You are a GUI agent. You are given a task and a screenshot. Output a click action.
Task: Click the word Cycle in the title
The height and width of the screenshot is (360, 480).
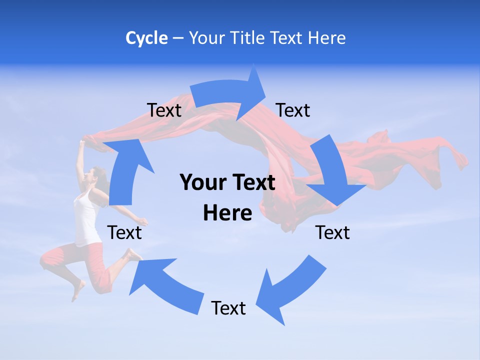coord(146,38)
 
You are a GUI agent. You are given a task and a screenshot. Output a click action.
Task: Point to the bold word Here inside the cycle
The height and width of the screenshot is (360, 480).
coord(227,213)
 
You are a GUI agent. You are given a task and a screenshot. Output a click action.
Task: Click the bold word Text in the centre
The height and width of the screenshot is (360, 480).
coord(253,183)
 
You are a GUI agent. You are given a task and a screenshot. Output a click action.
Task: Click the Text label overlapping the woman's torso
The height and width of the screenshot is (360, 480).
coord(124,232)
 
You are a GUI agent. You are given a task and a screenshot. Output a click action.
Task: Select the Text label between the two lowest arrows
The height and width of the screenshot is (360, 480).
coord(228,308)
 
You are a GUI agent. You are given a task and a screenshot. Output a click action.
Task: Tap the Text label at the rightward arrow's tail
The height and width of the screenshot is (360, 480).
coord(164,110)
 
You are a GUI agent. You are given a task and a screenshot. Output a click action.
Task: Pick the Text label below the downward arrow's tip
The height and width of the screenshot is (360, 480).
coord(332,232)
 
